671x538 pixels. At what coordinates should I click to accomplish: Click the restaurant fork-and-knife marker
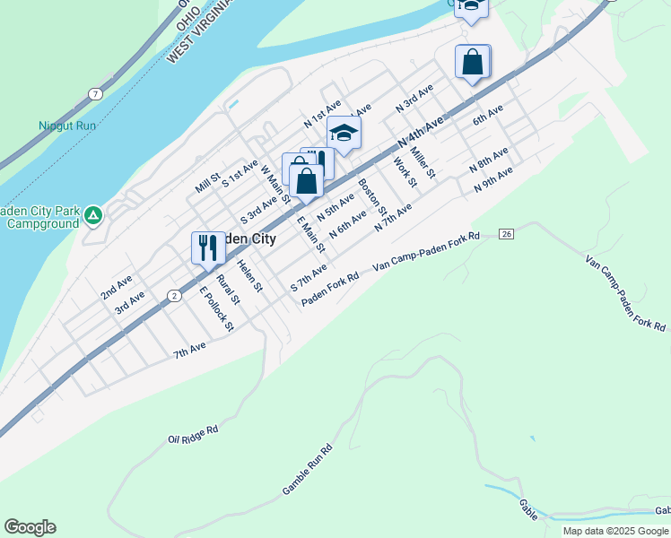207,247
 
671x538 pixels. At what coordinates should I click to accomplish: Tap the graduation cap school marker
343,134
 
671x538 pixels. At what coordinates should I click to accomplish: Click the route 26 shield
506,234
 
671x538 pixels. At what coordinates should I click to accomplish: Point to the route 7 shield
95,93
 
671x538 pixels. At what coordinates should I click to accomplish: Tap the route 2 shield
174,295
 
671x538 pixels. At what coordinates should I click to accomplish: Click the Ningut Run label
67,126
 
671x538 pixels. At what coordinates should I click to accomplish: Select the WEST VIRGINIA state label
200,31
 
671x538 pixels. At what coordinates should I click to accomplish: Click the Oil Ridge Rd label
193,436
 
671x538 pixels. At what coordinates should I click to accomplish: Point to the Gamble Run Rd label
308,470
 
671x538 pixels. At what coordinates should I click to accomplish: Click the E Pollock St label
216,308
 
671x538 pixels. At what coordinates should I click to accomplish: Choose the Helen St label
249,276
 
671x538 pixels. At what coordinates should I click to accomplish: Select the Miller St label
422,161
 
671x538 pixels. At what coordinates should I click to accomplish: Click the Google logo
30,527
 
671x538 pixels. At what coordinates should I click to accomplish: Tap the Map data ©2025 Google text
616,531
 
